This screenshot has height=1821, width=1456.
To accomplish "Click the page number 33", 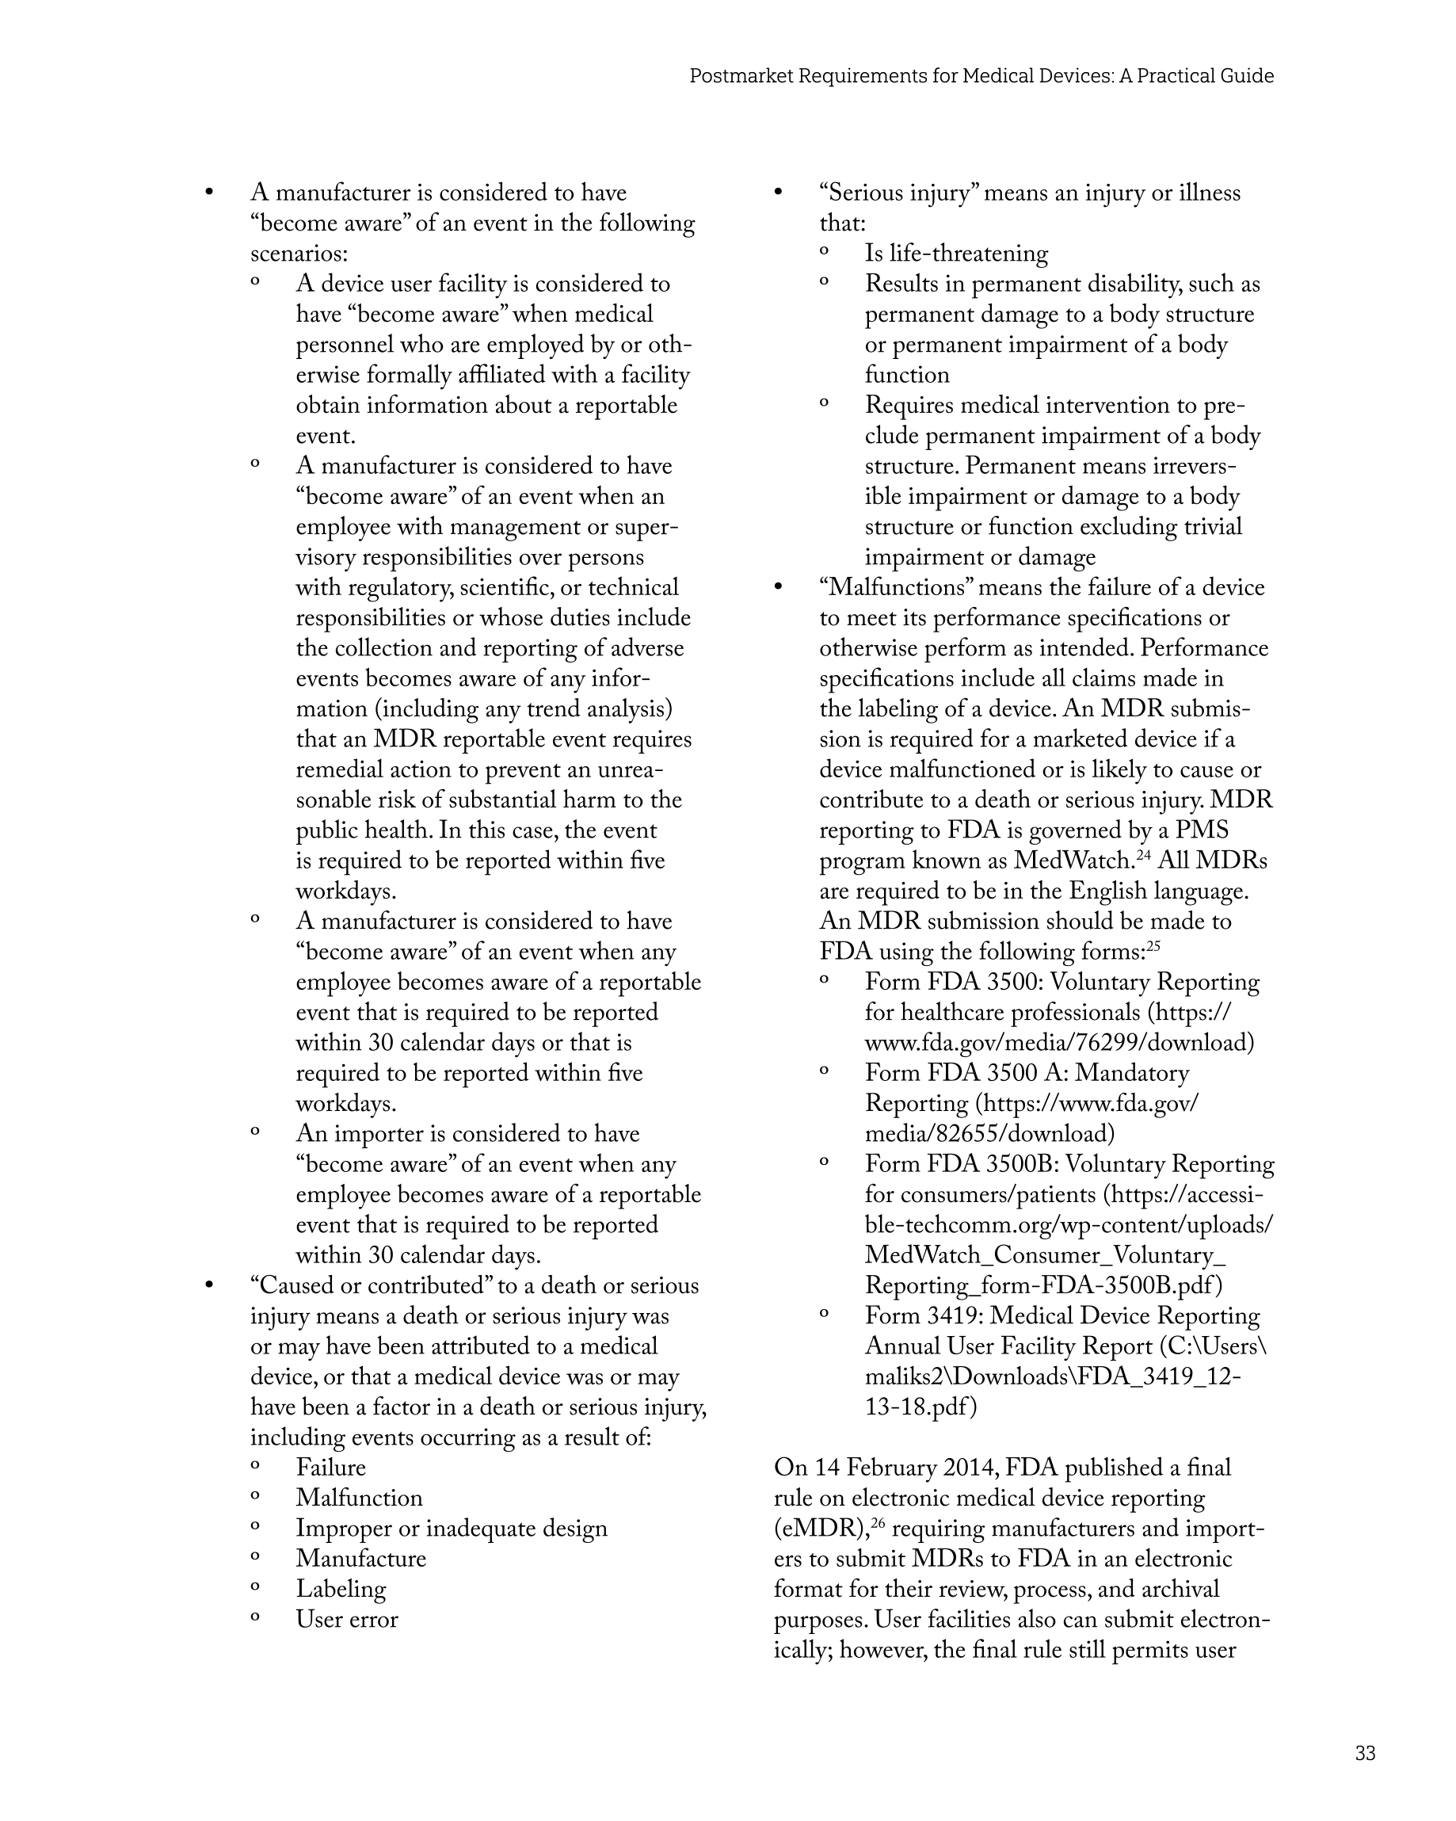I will click(1365, 1753).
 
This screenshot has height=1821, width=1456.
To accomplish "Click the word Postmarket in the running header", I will click(741, 76).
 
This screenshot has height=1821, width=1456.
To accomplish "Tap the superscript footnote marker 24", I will click(1144, 855).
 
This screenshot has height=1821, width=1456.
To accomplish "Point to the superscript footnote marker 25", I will click(1153, 946).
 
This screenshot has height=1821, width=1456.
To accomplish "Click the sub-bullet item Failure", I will click(330, 1467).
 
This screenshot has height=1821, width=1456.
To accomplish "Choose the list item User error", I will click(346, 1619).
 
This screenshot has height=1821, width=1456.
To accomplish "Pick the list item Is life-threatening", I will click(956, 254).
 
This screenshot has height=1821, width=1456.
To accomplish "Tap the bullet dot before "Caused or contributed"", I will click(208, 1286).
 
